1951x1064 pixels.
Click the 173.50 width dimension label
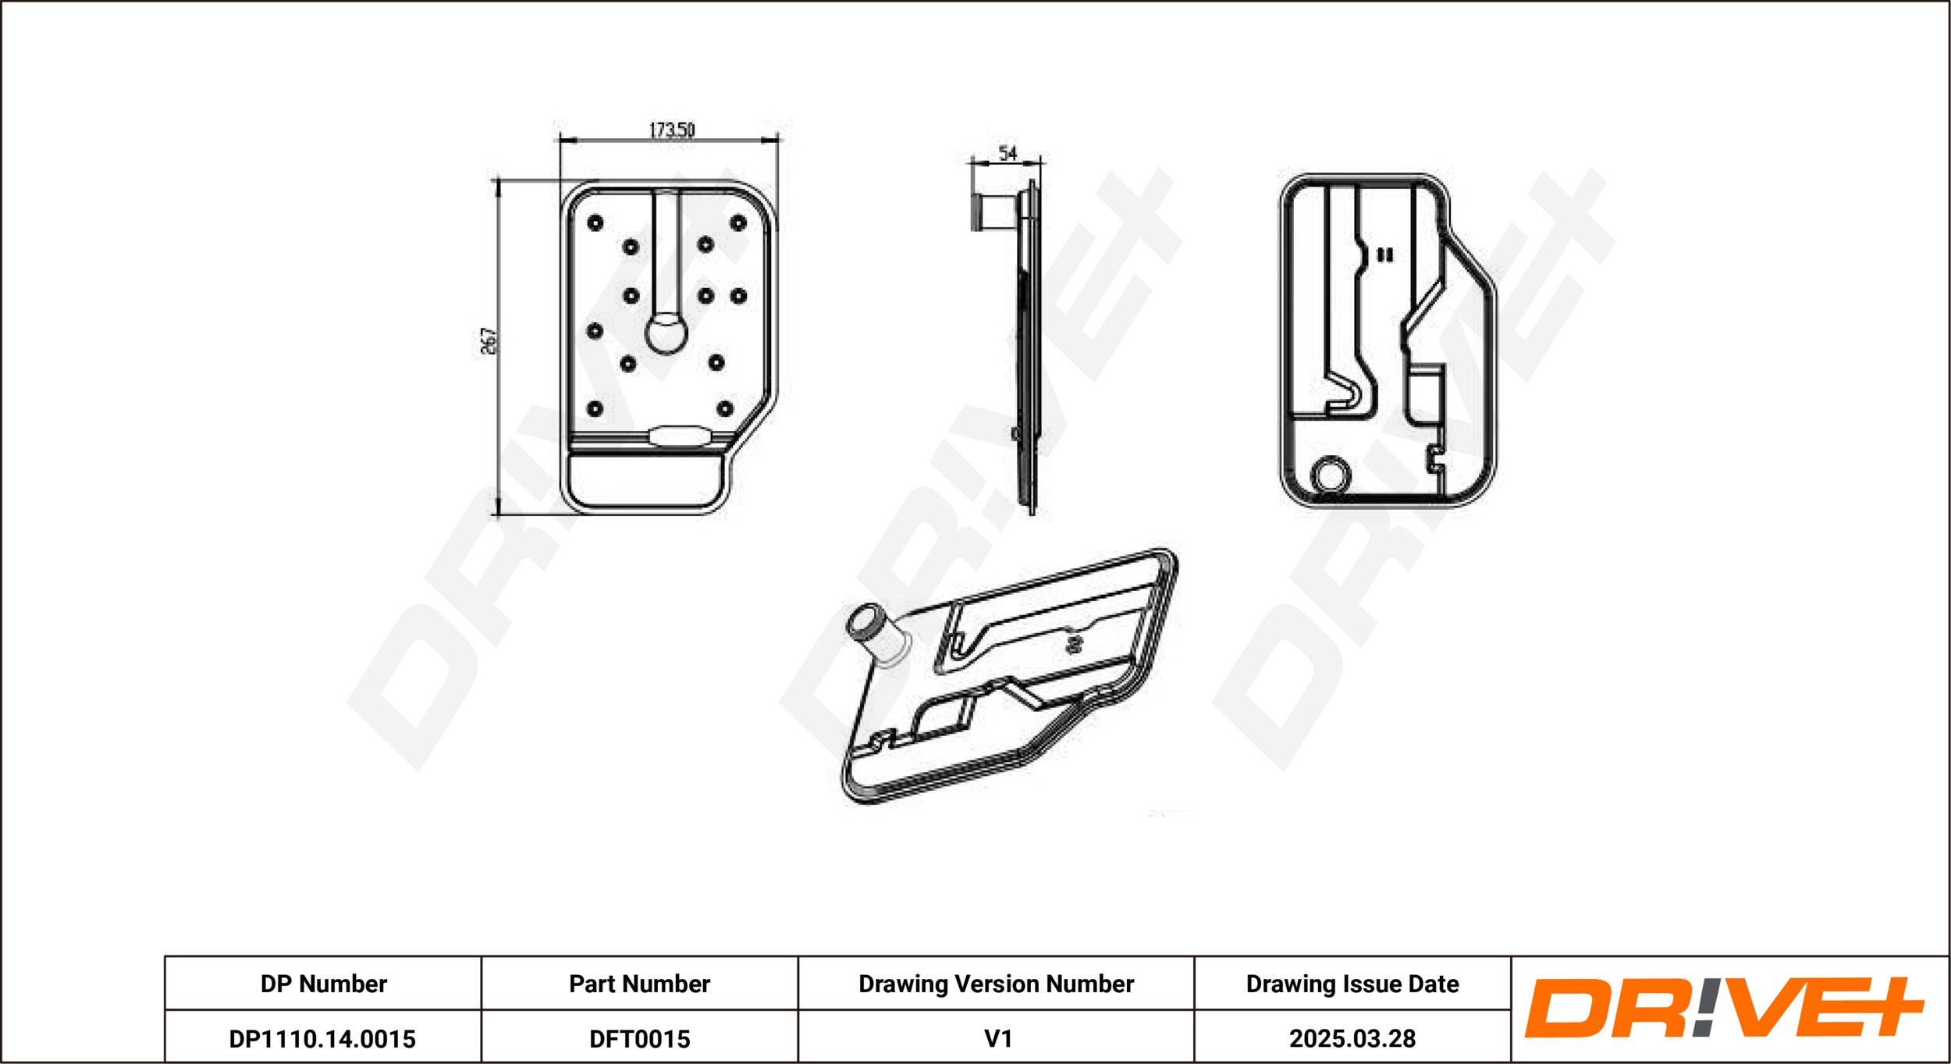coord(672,130)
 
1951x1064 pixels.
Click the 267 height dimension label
coord(489,341)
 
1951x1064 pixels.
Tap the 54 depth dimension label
coord(1007,153)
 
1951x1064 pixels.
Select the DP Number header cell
coord(323,984)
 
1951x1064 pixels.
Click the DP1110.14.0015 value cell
coord(322,1039)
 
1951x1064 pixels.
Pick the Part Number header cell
coord(639,984)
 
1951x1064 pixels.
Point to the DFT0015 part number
coord(639,1039)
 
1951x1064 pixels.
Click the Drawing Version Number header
coord(996,984)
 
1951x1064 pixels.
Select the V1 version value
coord(998,1038)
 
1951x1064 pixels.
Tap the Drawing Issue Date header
coord(1352,984)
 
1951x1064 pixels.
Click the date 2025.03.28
coord(1352,1038)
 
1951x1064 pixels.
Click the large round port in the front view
coord(666,334)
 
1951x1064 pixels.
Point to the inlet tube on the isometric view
coord(877,635)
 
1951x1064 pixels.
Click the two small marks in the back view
coord(1384,254)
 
